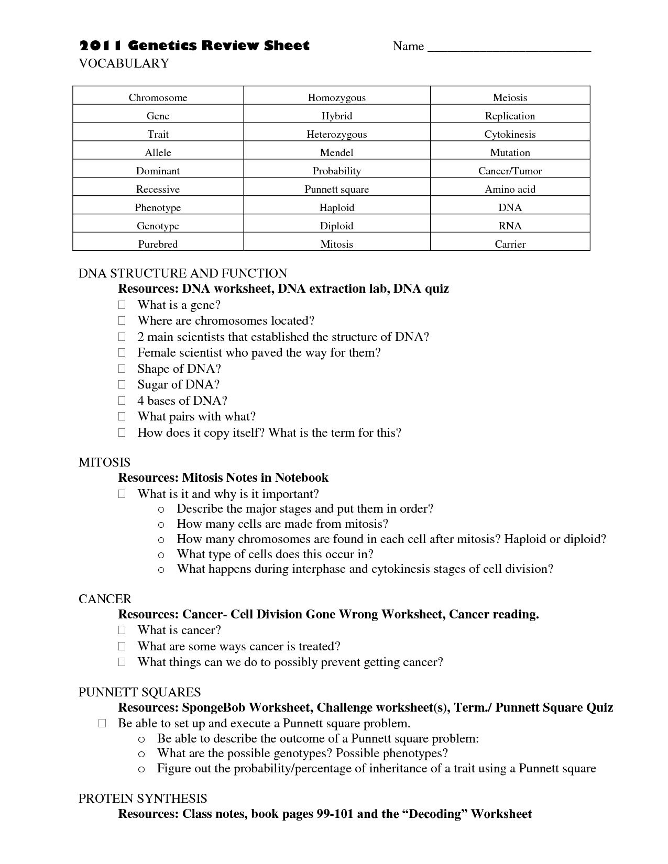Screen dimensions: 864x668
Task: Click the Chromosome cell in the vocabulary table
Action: [x=158, y=97]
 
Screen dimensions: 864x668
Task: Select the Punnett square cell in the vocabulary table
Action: [x=336, y=189]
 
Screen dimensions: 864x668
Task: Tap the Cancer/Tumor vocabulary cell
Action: [x=510, y=171]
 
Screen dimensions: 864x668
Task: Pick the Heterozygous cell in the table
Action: [x=336, y=134]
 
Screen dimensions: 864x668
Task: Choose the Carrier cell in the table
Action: [x=510, y=244]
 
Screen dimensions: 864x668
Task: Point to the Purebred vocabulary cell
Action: [x=158, y=244]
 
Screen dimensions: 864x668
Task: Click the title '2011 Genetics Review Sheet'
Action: [x=194, y=46]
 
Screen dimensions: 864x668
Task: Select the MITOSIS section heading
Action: [x=104, y=462]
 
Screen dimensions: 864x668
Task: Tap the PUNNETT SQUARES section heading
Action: [x=139, y=692]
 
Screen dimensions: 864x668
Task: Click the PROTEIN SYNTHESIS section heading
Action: [x=143, y=799]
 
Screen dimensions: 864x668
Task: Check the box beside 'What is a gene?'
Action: [x=122, y=305]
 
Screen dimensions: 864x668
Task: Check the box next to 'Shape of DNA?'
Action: [x=122, y=369]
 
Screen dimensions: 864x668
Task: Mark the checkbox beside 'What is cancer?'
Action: [x=122, y=630]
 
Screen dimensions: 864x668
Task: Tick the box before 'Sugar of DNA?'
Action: [x=122, y=384]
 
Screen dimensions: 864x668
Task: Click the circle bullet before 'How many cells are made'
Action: [x=161, y=524]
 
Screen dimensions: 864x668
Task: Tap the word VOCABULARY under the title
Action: [x=124, y=63]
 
